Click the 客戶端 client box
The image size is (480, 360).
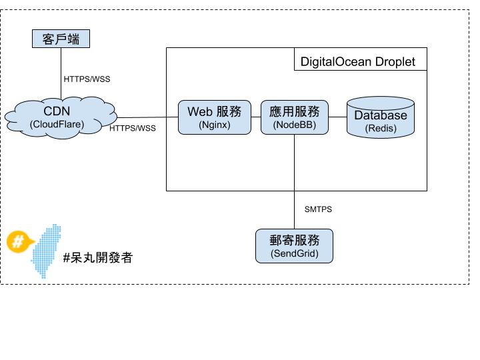click(x=61, y=39)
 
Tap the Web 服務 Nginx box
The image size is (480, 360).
click(x=214, y=117)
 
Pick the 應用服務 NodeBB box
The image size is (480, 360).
click(x=294, y=117)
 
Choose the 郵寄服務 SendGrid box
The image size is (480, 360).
click(x=294, y=246)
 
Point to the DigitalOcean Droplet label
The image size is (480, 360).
click(x=357, y=62)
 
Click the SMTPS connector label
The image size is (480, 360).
click(x=318, y=209)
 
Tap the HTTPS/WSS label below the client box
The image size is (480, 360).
click(x=87, y=79)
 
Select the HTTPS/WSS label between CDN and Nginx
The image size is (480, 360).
click(x=133, y=128)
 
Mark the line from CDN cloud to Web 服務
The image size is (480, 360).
click(x=143, y=117)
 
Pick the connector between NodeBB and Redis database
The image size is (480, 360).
click(x=337, y=117)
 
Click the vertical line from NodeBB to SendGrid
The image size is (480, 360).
click(x=294, y=180)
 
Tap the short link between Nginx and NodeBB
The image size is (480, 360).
click(x=255, y=117)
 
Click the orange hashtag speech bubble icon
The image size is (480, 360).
click(x=19, y=241)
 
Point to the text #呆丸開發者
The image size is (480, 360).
click(x=97, y=258)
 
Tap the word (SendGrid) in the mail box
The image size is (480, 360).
click(x=294, y=254)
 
